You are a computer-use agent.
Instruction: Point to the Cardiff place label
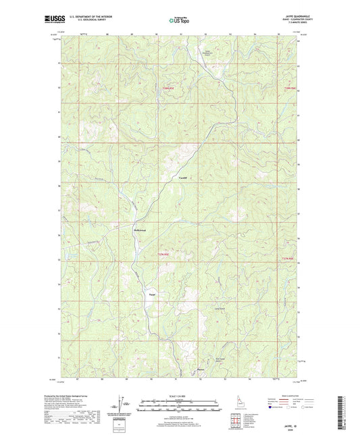point(182,177)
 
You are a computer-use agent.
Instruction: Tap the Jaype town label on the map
point(151,295)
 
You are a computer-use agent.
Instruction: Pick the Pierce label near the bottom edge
point(200,369)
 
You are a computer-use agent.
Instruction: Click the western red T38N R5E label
point(167,88)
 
